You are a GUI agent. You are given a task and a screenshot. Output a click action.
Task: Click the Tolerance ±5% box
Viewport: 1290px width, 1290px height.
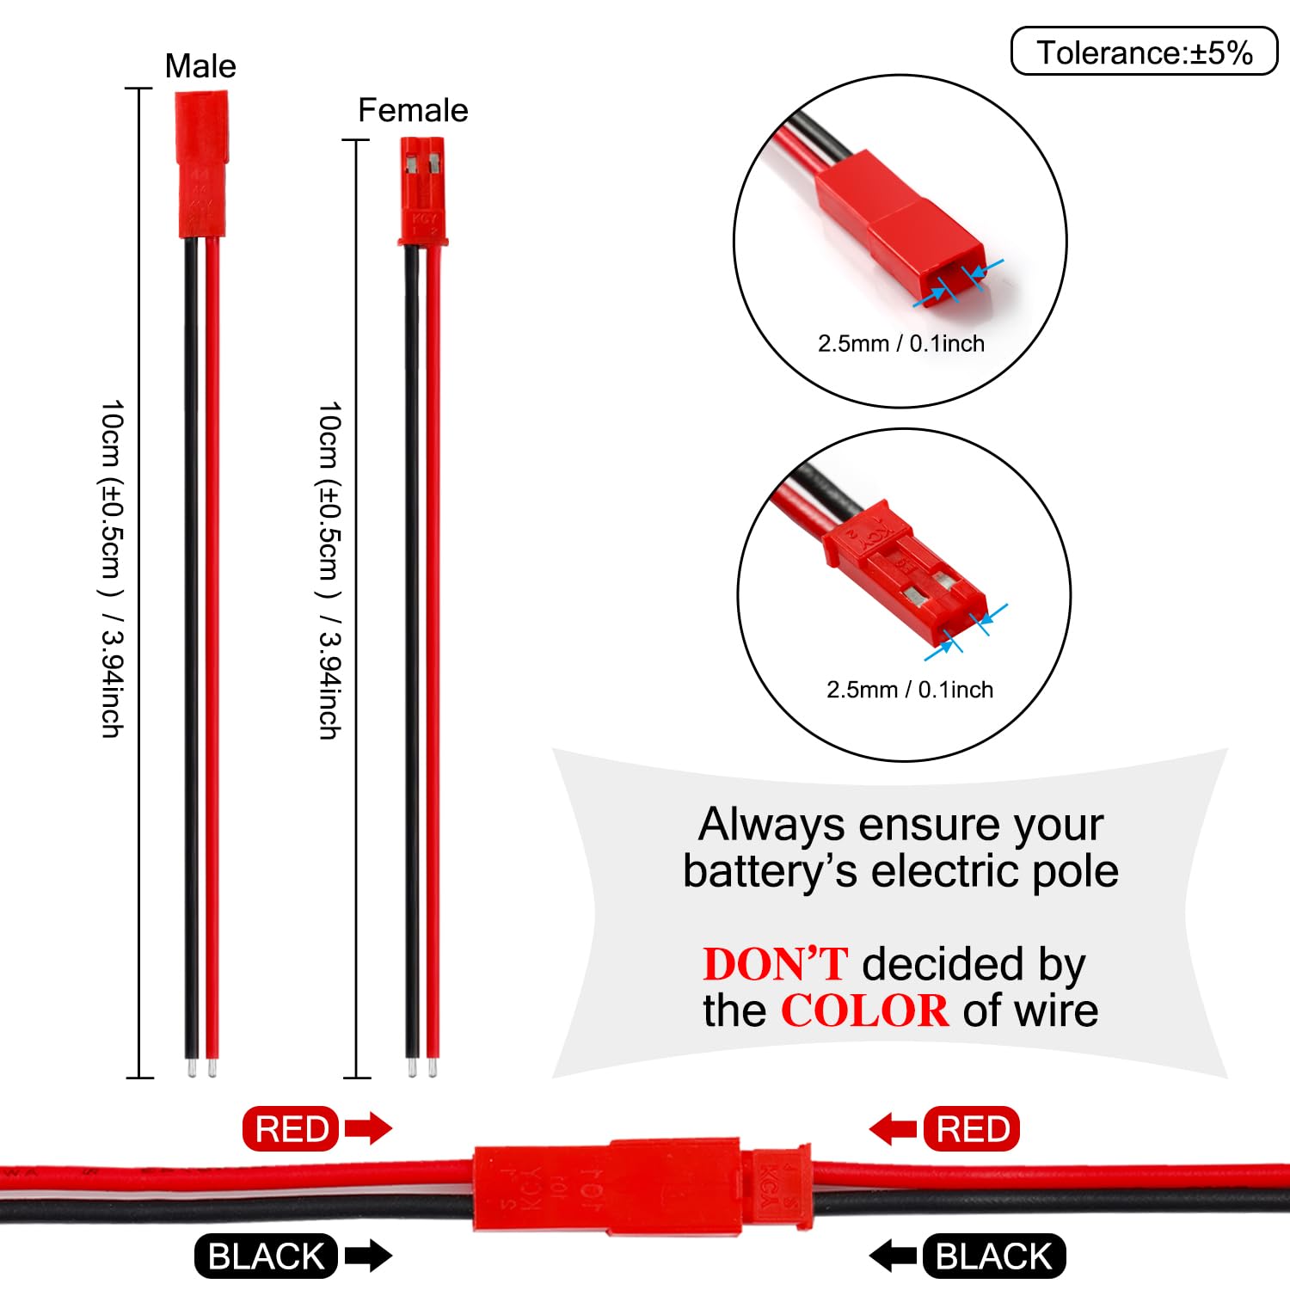coord(1144,52)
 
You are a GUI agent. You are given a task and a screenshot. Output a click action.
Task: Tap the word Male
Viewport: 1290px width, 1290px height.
coord(200,66)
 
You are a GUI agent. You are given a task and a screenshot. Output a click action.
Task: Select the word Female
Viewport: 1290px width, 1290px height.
coord(413,110)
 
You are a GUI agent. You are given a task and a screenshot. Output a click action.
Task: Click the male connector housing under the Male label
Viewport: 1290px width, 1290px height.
coord(201,164)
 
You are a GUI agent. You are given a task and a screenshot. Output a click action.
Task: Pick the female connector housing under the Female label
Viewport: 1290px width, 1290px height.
coord(422,191)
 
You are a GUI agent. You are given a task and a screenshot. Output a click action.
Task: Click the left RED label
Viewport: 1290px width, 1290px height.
coord(292,1128)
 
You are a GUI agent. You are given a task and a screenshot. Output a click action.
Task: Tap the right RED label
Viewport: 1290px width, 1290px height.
coord(972,1128)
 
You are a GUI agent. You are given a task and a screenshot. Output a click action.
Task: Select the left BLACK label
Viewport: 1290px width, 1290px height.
coord(267,1256)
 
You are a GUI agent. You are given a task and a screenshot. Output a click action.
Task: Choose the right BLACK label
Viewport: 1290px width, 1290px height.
coord(994,1256)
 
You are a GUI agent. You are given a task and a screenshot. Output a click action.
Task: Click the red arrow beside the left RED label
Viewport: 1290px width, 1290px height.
coord(368,1128)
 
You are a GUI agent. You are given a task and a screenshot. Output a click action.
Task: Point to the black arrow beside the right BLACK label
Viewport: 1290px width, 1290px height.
coord(893,1256)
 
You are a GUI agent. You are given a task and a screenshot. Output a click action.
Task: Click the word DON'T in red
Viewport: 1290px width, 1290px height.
coord(776,964)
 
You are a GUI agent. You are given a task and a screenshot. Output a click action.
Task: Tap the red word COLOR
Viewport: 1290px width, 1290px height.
coord(864,1010)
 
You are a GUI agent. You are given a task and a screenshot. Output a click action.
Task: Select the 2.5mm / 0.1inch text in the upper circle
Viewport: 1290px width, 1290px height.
coord(901,343)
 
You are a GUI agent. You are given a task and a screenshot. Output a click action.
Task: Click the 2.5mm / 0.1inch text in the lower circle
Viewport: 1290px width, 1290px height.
coord(910,690)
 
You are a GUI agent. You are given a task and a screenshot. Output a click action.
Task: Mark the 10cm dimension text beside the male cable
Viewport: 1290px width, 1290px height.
coord(113,568)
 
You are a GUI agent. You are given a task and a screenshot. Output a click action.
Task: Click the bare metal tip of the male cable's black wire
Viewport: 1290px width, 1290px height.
coord(190,1068)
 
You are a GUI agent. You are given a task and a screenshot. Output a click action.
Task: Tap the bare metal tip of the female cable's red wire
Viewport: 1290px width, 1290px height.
coord(433,1068)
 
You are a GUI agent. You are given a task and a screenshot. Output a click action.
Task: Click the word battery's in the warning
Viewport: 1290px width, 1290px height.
coord(771,871)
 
